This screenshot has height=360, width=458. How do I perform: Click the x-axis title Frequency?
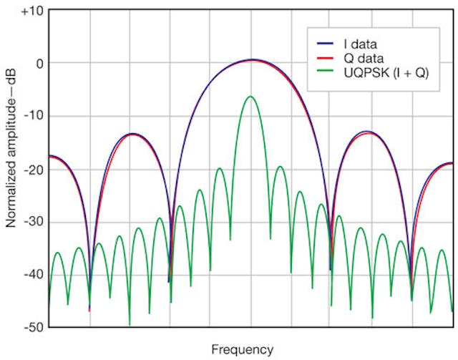click(x=242, y=349)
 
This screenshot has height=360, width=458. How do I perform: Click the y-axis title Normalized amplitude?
click(x=11, y=168)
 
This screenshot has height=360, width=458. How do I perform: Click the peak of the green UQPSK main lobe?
click(x=250, y=97)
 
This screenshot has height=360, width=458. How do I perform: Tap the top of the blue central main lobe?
click(x=250, y=59)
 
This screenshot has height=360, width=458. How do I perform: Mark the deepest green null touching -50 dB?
click(x=130, y=323)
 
